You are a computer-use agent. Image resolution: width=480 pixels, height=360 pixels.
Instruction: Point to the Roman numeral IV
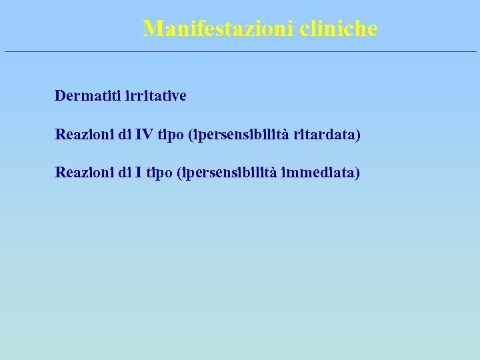pyautogui.click(x=144, y=135)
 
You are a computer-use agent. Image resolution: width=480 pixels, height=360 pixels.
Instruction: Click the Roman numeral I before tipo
pyautogui.click(x=138, y=173)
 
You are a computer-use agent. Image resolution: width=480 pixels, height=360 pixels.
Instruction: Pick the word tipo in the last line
pyautogui.click(x=160, y=174)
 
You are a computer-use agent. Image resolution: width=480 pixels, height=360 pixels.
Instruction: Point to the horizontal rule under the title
pyautogui.click(x=240, y=51)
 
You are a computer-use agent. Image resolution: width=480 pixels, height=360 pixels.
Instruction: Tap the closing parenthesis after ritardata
pyautogui.click(x=358, y=135)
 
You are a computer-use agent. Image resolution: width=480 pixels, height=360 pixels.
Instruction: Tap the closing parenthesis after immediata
pyautogui.click(x=357, y=174)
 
